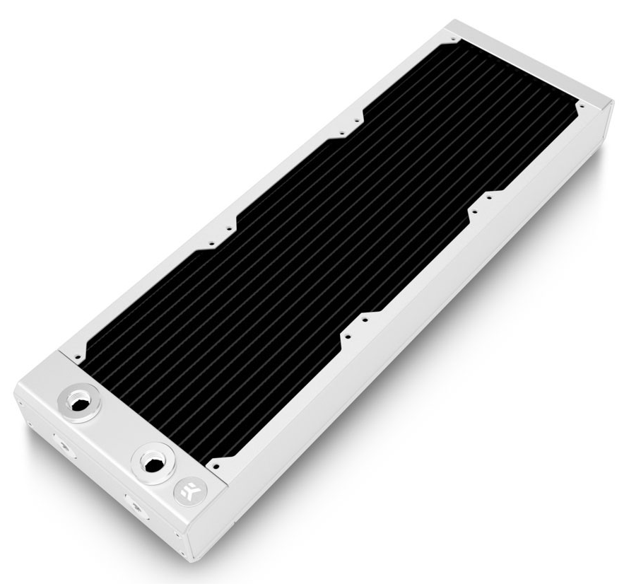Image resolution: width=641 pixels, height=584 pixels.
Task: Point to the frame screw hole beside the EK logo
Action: [216, 467]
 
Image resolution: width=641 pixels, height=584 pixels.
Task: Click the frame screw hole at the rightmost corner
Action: [580, 107]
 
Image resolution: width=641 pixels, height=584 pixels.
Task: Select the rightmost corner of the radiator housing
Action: [612, 105]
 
